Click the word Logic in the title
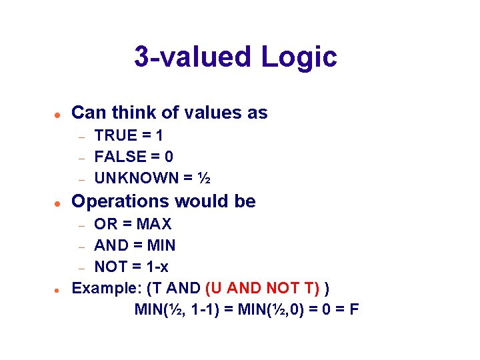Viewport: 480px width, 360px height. point(299,57)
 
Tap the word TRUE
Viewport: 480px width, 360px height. point(115,135)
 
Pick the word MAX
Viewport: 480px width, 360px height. point(154,224)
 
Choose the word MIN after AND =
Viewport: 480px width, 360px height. point(159,245)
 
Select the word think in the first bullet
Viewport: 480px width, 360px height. point(133,113)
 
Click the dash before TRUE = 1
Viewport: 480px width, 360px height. point(80,137)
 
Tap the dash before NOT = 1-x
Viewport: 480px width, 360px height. point(80,268)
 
